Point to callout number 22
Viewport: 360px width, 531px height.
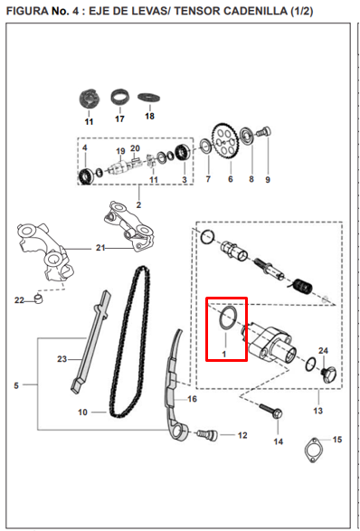tap(19, 299)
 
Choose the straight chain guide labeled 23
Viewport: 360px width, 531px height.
tap(90, 340)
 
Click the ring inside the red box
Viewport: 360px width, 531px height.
tap(227, 318)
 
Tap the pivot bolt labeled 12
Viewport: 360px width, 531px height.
tap(207, 435)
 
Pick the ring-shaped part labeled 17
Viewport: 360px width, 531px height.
tap(120, 98)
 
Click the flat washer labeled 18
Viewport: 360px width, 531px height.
tap(149, 98)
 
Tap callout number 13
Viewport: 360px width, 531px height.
tap(318, 411)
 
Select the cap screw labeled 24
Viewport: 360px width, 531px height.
tap(327, 375)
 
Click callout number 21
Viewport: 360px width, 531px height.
tap(100, 248)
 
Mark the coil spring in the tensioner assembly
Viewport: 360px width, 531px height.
tap(302, 287)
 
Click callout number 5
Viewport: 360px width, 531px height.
tap(16, 385)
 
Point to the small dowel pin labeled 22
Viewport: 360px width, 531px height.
tap(40, 299)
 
